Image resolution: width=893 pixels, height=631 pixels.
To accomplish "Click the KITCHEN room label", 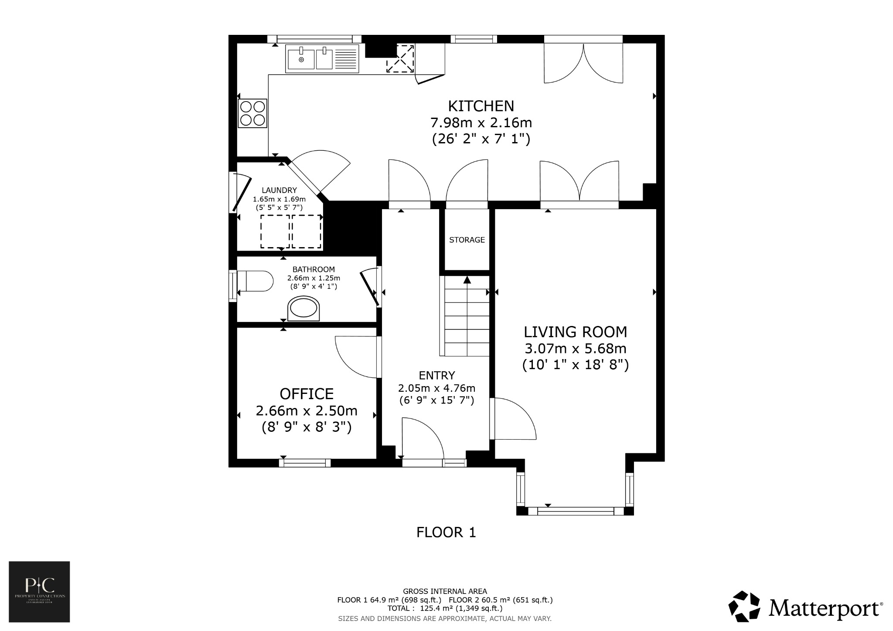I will pyautogui.click(x=481, y=106).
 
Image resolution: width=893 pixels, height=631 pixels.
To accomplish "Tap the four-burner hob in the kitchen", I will pyautogui.click(x=252, y=113).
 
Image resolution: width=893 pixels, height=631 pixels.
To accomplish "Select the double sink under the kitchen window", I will pyautogui.click(x=322, y=59).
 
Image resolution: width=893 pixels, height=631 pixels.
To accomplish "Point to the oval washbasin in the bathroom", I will pyautogui.click(x=304, y=309).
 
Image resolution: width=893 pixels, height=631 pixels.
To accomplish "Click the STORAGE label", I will pyautogui.click(x=467, y=240).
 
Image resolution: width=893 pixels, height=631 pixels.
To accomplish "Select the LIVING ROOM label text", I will pyautogui.click(x=575, y=332).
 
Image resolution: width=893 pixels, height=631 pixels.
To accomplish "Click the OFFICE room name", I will pyautogui.click(x=307, y=394).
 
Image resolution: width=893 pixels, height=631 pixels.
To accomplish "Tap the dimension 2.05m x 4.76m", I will pyautogui.click(x=436, y=388).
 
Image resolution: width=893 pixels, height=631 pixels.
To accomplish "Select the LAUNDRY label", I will pyautogui.click(x=279, y=190).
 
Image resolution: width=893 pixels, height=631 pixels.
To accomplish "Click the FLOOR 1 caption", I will pyautogui.click(x=446, y=532).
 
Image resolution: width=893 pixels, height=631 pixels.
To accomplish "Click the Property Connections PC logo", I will pyautogui.click(x=39, y=591).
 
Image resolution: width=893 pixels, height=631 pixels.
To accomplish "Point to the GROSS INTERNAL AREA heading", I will pyautogui.click(x=445, y=591).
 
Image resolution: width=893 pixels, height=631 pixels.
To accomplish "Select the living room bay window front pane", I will pyautogui.click(x=576, y=511).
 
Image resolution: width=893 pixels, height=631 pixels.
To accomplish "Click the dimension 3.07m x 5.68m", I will pyautogui.click(x=575, y=349).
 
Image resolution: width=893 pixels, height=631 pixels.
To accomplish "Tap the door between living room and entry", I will pyautogui.click(x=512, y=418).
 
